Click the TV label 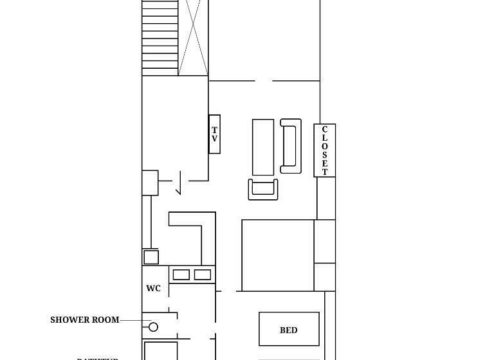pos(215,134)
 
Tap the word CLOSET pos(325,150)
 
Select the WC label pos(153,289)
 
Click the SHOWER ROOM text pos(85,319)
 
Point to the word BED pos(289,330)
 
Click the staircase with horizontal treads pos(160,37)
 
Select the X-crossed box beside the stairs pos(194,37)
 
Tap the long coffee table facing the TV pos(263,147)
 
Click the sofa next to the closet pos(291,146)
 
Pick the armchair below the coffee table pos(264,190)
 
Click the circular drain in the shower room pos(154,327)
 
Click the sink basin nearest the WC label pos(181,275)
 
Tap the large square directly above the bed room pos(278,255)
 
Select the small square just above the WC pos(151,257)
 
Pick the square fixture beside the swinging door pos(150,183)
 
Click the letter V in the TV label pos(215,139)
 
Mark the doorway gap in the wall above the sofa pos(264,81)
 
